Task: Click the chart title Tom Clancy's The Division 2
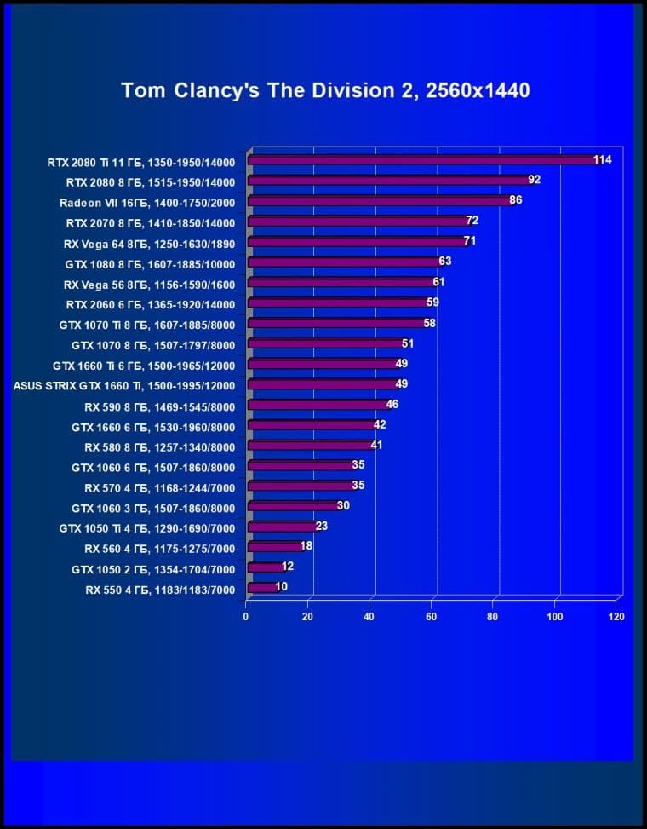(325, 90)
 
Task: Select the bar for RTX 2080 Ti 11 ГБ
(426, 160)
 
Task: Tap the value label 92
(534, 180)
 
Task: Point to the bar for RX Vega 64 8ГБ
(358, 242)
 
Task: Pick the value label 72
(472, 221)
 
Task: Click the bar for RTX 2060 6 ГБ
(341, 303)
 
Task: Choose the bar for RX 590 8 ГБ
(319, 406)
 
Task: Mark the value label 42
(380, 425)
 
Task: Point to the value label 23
(321, 527)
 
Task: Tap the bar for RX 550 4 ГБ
(262, 588)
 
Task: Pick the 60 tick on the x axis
(431, 616)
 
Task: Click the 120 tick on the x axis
(616, 616)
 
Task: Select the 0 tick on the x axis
(246, 616)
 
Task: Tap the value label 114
(603, 159)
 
